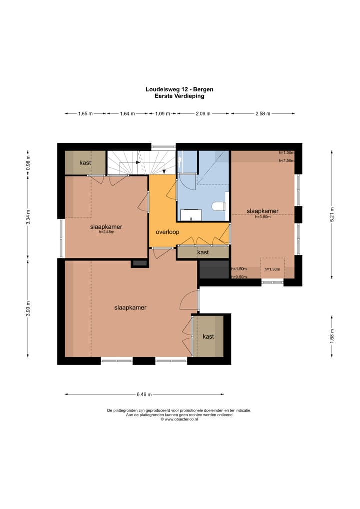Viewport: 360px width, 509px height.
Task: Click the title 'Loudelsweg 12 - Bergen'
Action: tap(179, 89)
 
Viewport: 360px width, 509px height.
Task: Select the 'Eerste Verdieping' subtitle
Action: tap(179, 96)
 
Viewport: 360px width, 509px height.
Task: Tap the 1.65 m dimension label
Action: tap(85, 114)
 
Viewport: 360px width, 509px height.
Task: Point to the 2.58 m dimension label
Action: tap(263, 114)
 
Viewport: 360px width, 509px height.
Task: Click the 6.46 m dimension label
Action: tap(144, 394)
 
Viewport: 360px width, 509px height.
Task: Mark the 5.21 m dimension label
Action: tap(332, 214)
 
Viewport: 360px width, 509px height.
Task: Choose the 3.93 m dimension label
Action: tap(28, 308)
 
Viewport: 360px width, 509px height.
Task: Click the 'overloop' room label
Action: tap(167, 232)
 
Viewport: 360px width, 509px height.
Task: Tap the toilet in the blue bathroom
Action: tap(219, 206)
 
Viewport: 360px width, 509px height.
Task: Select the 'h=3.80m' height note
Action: tap(263, 217)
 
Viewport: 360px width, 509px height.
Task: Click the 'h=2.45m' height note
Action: tap(107, 232)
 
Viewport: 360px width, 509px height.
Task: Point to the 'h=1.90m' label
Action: tap(272, 269)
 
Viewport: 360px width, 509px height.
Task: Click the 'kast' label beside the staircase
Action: tap(85, 163)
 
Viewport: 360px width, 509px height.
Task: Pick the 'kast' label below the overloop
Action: tap(203, 252)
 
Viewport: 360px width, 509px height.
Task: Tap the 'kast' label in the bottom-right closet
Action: tap(208, 337)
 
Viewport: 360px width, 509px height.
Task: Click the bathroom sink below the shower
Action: tap(191, 215)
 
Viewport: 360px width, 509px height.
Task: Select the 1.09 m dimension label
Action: tap(162, 114)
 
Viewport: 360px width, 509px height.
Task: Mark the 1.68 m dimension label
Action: tap(332, 336)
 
